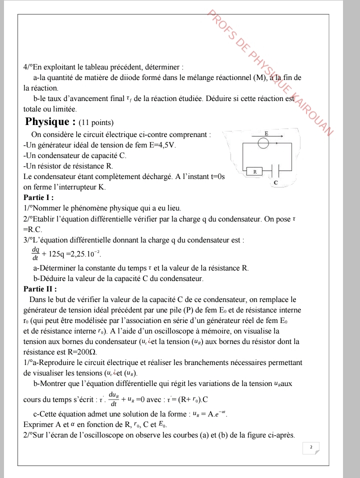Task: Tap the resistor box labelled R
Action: point(254,171)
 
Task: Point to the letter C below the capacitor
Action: point(275,183)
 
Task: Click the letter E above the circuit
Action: point(266,133)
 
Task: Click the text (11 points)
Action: point(96,122)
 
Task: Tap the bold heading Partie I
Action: point(38,197)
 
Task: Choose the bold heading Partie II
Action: point(40,288)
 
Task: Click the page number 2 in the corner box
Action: point(311,447)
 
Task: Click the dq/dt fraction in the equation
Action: point(35,252)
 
